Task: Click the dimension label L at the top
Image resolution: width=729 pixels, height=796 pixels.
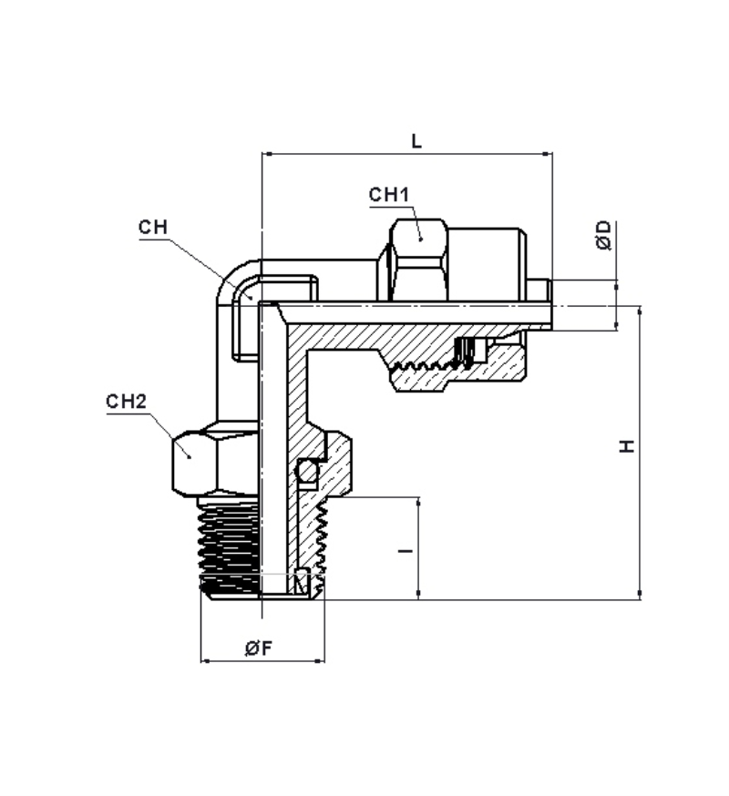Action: tap(416, 140)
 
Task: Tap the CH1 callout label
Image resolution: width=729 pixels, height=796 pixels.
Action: tap(388, 194)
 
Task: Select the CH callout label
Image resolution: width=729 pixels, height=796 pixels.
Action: tap(153, 227)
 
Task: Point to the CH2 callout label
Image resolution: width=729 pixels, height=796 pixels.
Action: tap(126, 402)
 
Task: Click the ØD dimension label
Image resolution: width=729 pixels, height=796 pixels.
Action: tap(603, 235)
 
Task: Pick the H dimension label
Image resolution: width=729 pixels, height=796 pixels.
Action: tap(628, 446)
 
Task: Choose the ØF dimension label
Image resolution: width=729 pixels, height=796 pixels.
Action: tap(259, 648)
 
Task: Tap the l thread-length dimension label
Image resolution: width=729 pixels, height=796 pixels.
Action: tap(406, 550)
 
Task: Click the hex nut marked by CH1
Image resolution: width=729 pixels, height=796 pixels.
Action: tap(418, 260)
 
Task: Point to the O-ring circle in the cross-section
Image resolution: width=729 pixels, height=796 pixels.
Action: tap(307, 472)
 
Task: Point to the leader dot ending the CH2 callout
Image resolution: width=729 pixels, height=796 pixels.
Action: tap(190, 457)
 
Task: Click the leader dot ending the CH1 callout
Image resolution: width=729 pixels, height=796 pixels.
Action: tap(421, 239)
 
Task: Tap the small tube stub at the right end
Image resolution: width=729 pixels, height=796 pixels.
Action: tap(539, 290)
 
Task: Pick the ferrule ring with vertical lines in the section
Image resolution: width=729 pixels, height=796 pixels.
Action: tap(465, 352)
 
